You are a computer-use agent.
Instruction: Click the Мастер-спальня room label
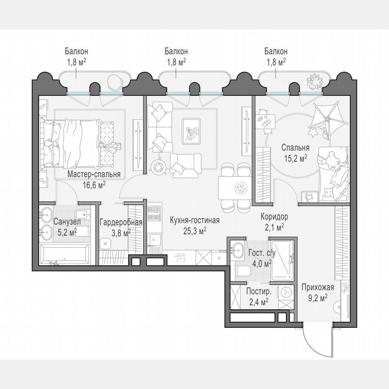tap(94, 174)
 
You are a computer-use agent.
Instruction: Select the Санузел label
tap(67, 222)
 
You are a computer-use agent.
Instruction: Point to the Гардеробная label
tap(121, 222)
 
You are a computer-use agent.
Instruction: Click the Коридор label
tap(274, 217)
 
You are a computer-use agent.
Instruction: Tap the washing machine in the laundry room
tap(284, 292)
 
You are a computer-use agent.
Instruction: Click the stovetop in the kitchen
tap(154, 213)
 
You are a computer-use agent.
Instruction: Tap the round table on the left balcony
tap(114, 81)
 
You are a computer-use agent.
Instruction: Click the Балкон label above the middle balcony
tap(176, 51)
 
